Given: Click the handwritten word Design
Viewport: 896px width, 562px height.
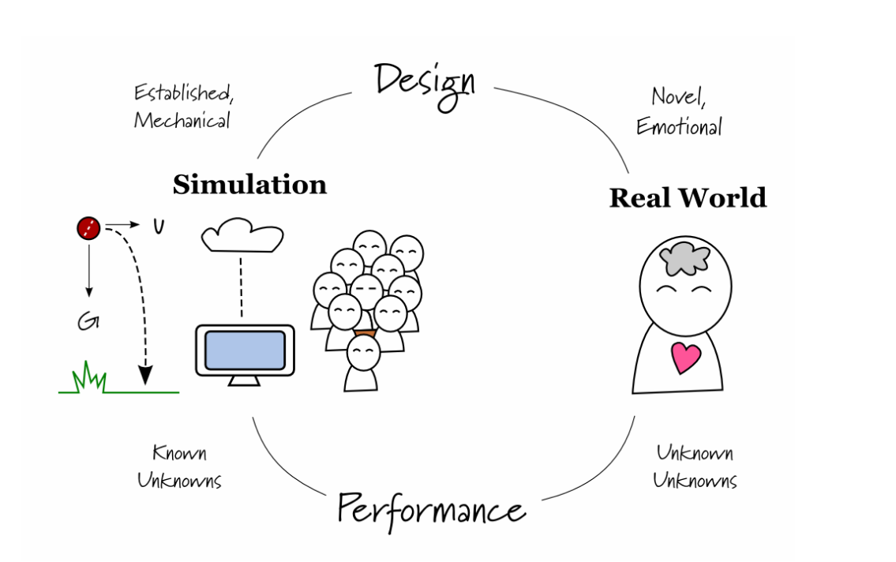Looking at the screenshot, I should click(425, 82).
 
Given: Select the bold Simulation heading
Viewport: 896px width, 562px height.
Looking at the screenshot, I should click(249, 185).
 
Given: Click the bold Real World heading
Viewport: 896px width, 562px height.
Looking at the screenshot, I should click(688, 197).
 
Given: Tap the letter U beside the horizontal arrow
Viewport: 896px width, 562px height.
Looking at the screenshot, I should click(159, 227).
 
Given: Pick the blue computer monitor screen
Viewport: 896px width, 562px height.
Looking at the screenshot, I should click(245, 350).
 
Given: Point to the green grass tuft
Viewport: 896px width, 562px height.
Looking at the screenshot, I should click(89, 380).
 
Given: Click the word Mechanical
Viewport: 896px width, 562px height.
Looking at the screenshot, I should click(182, 121).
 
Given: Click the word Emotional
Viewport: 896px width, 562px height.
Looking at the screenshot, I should click(679, 126).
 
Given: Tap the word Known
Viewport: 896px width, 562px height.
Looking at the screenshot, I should click(179, 453).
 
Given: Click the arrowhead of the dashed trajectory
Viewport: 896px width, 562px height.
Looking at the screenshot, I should click(144, 377).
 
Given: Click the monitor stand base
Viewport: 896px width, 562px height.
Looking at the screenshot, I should click(244, 384).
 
